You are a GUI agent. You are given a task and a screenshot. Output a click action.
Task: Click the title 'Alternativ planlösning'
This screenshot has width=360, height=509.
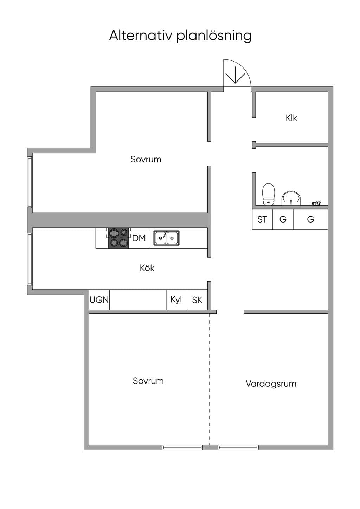click(x=180, y=36)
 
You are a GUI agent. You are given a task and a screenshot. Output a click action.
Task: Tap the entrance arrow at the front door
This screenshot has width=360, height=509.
click(x=235, y=75)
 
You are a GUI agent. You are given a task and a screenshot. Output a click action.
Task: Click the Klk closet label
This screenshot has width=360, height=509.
click(x=291, y=118)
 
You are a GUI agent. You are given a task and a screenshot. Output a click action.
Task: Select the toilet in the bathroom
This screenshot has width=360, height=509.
click(x=268, y=194)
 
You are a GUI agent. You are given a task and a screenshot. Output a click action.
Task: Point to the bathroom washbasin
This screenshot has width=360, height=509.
click(x=291, y=198)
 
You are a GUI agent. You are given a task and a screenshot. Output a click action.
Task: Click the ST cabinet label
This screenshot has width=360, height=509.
click(x=262, y=219)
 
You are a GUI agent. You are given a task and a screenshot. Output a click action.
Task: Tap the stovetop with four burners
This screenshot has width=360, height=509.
click(x=118, y=238)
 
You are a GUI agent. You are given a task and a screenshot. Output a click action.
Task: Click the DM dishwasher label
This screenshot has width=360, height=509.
click(x=139, y=238)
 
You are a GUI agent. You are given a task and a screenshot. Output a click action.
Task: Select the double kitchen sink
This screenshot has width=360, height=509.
click(x=166, y=238)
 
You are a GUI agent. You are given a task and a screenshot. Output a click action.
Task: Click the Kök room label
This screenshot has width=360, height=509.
click(x=147, y=268)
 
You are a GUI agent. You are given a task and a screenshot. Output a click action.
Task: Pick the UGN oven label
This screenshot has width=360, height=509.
click(x=99, y=300)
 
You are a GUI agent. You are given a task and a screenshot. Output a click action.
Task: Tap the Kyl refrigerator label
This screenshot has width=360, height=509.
click(x=176, y=300)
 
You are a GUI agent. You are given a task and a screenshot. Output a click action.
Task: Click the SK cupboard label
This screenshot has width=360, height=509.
click(x=197, y=300)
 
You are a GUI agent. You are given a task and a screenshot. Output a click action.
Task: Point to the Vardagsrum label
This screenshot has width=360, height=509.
click(x=271, y=384)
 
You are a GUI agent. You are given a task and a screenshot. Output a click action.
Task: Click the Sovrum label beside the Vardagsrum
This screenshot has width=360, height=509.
click(x=148, y=381)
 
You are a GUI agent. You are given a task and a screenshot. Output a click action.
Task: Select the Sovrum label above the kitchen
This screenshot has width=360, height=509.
click(x=146, y=159)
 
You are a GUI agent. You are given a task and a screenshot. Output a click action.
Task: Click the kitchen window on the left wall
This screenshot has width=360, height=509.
click(x=30, y=259)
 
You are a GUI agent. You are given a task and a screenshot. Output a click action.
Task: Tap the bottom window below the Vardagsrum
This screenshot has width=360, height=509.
click(x=238, y=447)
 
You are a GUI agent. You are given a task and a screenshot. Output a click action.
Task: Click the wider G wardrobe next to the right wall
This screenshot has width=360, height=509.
click(x=310, y=219)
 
